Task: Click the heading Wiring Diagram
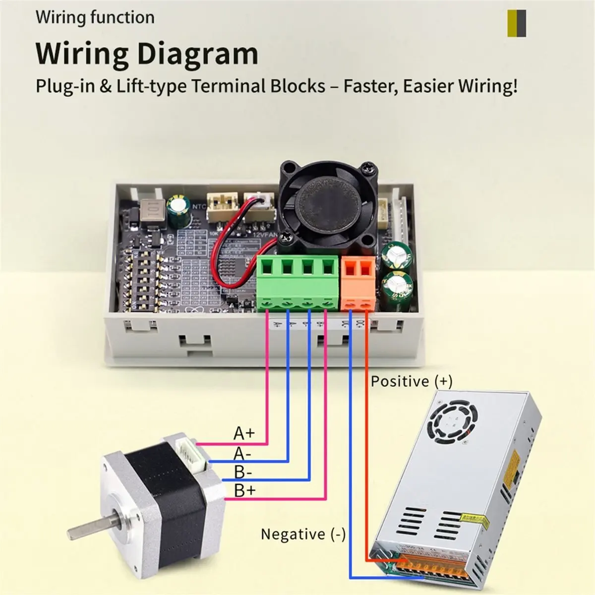147,54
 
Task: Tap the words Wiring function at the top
95,17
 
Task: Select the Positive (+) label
412,381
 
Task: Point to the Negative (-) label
303,534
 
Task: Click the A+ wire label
244,433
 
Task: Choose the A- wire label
242,453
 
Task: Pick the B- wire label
243,472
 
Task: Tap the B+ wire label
244,491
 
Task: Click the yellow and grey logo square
517,23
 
